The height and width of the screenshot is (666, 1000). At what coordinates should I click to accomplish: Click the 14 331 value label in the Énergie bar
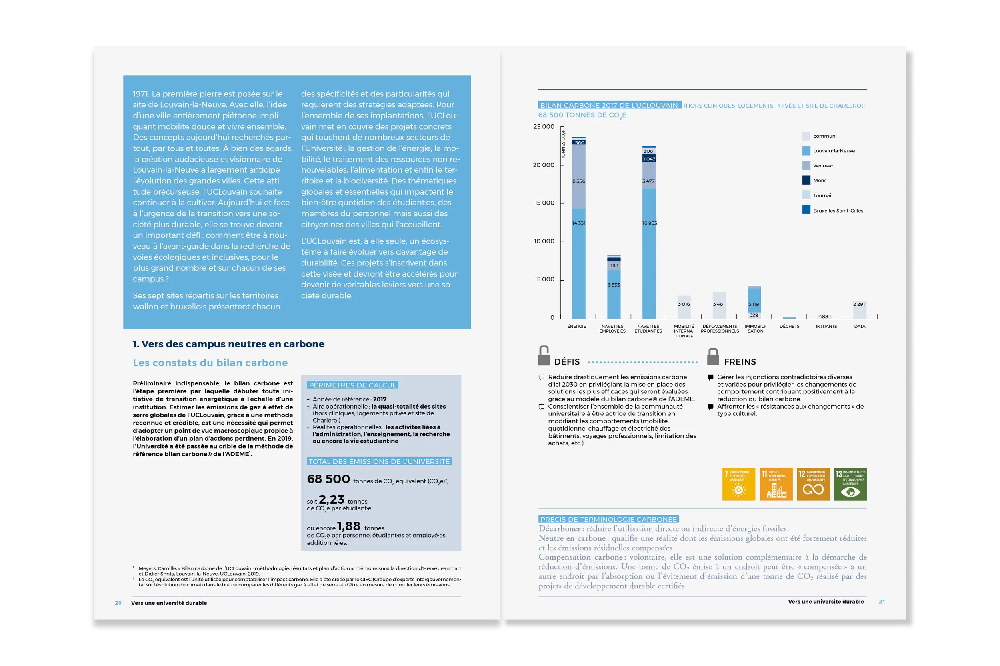pyautogui.click(x=578, y=223)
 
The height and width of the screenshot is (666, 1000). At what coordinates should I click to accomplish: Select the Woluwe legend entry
pyautogui.click(x=822, y=166)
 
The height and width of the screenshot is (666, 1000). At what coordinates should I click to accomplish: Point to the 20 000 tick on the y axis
pyautogui.click(x=544, y=165)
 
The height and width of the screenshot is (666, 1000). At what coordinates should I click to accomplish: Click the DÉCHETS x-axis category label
pyautogui.click(x=789, y=327)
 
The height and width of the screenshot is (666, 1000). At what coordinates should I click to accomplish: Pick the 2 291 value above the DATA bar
pyautogui.click(x=858, y=304)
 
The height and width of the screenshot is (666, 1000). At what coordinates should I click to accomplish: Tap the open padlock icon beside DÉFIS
pyautogui.click(x=544, y=355)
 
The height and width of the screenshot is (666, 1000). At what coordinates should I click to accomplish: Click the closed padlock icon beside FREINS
pyautogui.click(x=713, y=357)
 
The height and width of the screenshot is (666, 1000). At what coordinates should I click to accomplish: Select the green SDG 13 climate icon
pyautogui.click(x=850, y=484)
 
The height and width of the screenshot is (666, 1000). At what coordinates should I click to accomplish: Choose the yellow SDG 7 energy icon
pyautogui.click(x=739, y=484)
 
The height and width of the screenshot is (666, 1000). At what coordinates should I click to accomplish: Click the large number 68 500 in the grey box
pyautogui.click(x=328, y=479)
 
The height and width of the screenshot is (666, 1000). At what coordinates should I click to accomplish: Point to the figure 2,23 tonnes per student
pyautogui.click(x=331, y=500)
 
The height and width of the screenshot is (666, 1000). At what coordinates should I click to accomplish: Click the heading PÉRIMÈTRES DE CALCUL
pyautogui.click(x=352, y=385)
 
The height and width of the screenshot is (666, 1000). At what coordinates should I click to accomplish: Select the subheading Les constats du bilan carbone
pyautogui.click(x=210, y=363)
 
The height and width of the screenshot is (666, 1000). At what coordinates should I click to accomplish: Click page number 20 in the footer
pyautogui.click(x=118, y=603)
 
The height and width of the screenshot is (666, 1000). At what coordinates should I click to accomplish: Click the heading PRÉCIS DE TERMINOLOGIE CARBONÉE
pyautogui.click(x=608, y=519)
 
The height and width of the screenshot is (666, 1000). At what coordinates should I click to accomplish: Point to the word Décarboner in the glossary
pyautogui.click(x=559, y=529)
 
